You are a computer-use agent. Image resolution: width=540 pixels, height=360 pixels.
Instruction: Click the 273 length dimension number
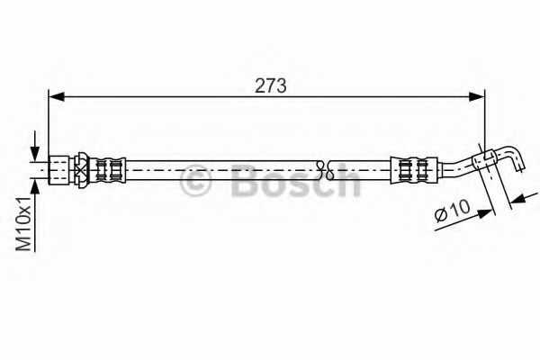(271, 85)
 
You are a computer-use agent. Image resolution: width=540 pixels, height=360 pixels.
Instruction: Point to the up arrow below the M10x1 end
(35, 184)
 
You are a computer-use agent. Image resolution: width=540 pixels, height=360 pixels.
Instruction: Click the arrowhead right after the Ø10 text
(486, 211)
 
